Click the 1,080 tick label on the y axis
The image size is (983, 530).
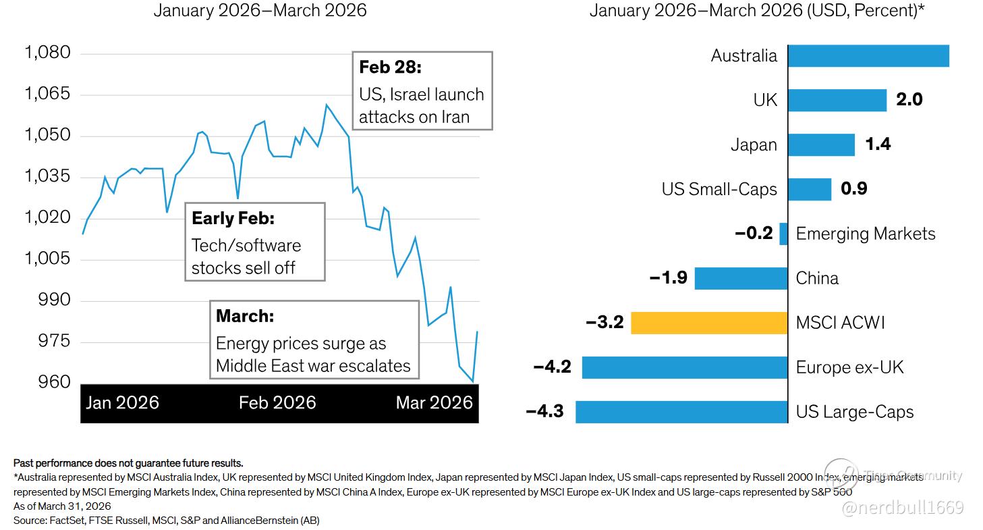[47, 53]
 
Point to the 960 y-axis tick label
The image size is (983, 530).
[53, 383]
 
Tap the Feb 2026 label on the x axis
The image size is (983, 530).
[277, 403]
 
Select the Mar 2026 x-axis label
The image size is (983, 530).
[434, 403]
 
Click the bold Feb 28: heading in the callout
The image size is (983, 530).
[390, 68]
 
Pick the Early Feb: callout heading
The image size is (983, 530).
[233, 219]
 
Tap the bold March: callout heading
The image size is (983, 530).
[245, 316]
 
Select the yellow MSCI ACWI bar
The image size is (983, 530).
[709, 323]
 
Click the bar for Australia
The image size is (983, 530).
[868, 56]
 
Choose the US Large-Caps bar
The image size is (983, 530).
[681, 412]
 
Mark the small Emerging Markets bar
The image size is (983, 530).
[783, 234]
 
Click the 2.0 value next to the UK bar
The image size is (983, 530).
[909, 100]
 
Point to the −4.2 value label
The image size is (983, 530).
[552, 367]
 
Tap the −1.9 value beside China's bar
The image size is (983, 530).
[668, 278]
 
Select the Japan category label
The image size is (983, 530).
[754, 145]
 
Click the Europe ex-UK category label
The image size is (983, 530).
[849, 367]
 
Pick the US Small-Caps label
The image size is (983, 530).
[719, 190]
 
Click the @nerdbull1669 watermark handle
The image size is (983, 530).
[902, 507]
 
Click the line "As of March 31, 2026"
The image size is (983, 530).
[62, 506]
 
